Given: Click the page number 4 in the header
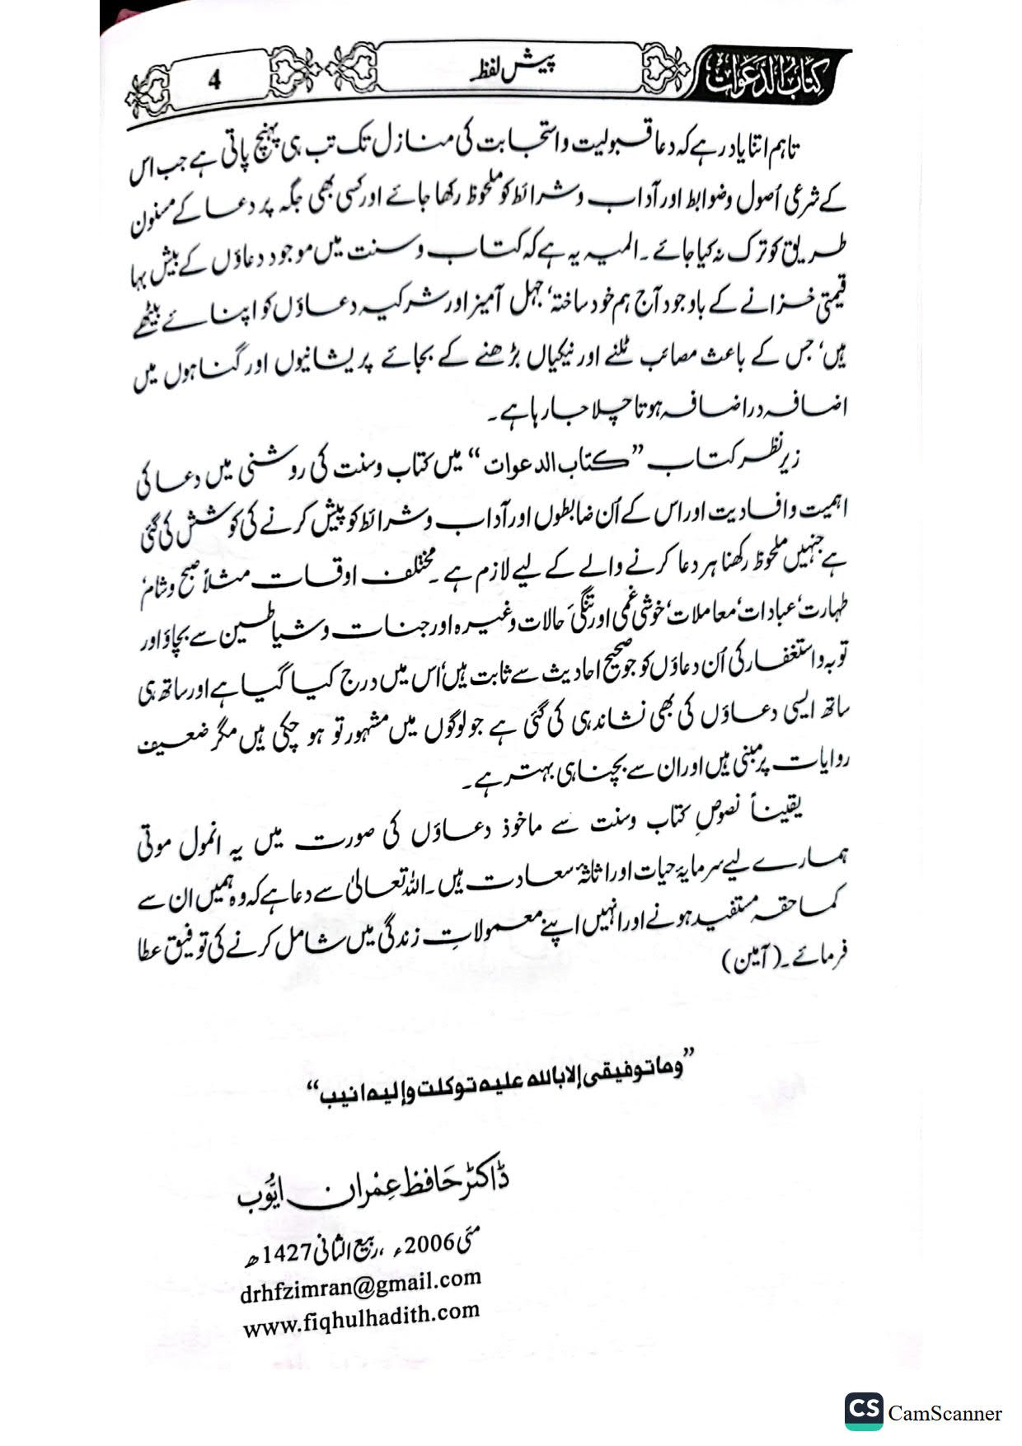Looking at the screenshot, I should click(215, 80).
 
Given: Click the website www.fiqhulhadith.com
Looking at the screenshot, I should click(361, 1320).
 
